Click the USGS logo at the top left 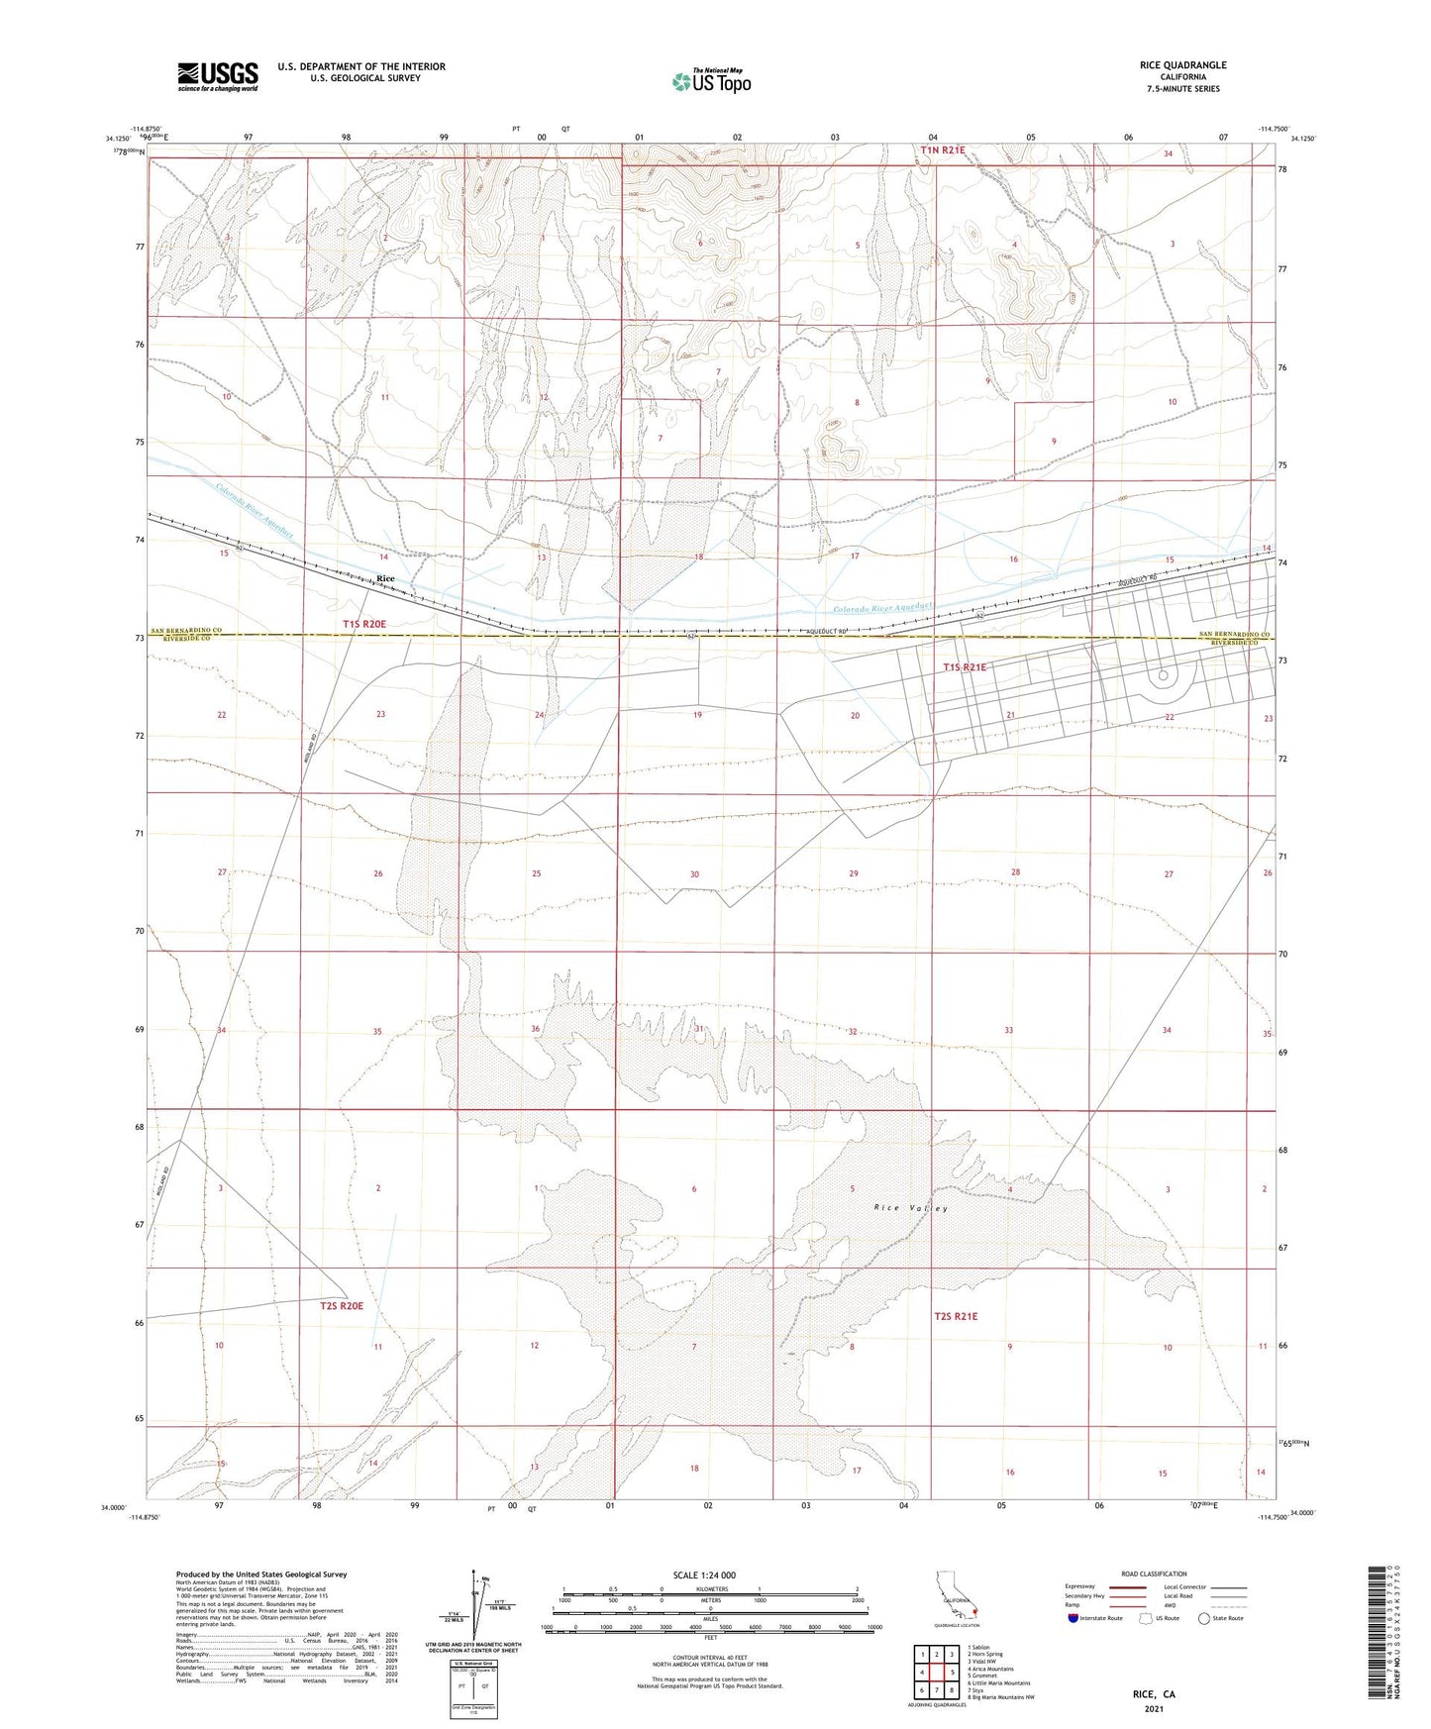[218, 75]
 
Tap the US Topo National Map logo [710, 80]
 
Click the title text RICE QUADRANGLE [1182, 65]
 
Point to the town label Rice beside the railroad [385, 579]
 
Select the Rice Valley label [911, 1208]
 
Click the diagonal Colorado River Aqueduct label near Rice [256, 509]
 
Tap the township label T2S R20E [342, 1306]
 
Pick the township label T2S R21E [956, 1316]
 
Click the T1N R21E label [942, 150]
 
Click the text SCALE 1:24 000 [704, 1576]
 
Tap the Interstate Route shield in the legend [1073, 1618]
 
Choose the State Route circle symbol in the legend [1204, 1618]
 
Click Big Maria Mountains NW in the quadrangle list [1000, 1697]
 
